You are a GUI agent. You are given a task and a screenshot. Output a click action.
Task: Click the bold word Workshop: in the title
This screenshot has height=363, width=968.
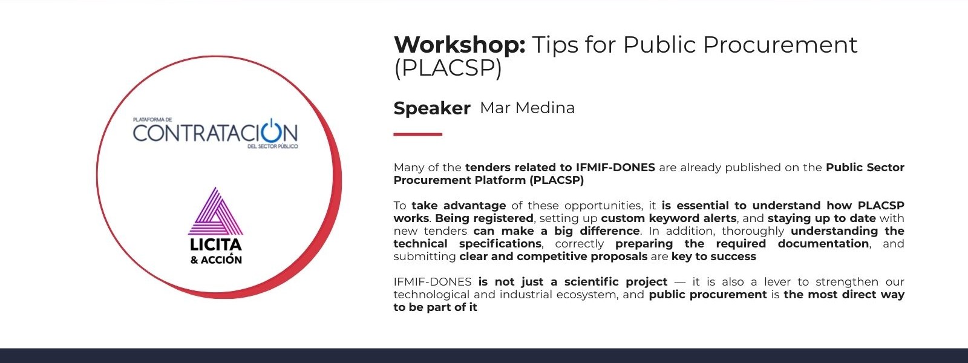pyautogui.click(x=459, y=45)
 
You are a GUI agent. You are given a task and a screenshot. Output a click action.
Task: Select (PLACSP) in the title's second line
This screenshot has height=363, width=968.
pyautogui.click(x=448, y=68)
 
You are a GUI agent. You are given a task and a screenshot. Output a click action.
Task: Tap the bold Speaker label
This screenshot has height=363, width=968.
pyautogui.click(x=432, y=108)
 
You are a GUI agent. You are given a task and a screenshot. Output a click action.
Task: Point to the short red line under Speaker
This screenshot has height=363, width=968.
pyautogui.click(x=417, y=134)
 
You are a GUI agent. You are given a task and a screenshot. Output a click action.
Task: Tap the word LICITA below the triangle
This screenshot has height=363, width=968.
pyautogui.click(x=215, y=244)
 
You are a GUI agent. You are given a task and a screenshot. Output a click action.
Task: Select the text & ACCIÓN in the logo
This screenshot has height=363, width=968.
pyautogui.click(x=216, y=260)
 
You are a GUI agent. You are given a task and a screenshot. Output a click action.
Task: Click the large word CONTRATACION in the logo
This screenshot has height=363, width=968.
pyautogui.click(x=215, y=133)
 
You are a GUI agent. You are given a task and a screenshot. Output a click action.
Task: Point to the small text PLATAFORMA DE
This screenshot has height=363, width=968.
pyautogui.click(x=152, y=120)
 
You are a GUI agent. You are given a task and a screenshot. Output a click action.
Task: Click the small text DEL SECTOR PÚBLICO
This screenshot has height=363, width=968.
pyautogui.click(x=273, y=146)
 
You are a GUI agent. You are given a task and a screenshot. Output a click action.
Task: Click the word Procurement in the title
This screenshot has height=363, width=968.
pyautogui.click(x=780, y=45)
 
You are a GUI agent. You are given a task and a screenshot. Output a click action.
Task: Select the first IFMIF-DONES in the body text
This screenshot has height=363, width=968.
pyautogui.click(x=615, y=167)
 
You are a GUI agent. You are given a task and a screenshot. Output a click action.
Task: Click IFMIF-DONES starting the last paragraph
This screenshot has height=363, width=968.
pyautogui.click(x=432, y=282)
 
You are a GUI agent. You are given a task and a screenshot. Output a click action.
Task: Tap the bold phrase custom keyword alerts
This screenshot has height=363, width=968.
pyautogui.click(x=669, y=218)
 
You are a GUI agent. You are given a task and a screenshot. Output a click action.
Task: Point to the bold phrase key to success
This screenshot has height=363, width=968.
pyautogui.click(x=714, y=257)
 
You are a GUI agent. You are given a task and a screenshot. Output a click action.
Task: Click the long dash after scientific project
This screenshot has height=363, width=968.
pyautogui.click(x=680, y=282)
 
